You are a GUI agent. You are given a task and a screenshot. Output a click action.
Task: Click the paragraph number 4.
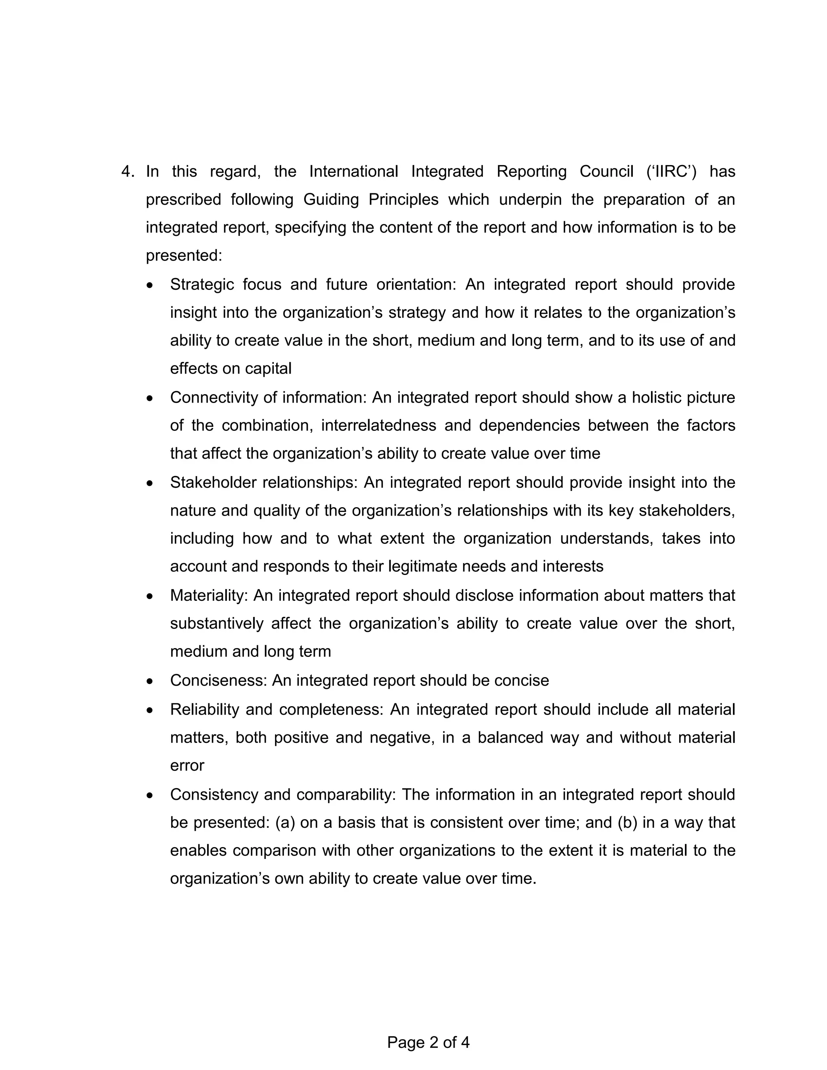(x=127, y=172)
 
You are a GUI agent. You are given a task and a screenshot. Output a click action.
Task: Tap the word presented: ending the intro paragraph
(x=184, y=255)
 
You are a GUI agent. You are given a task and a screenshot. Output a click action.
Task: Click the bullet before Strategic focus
(x=149, y=285)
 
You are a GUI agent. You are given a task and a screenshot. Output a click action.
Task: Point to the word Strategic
(x=202, y=284)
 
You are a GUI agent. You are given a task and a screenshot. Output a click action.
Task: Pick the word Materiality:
(x=209, y=595)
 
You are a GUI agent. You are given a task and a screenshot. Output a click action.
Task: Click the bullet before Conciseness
(x=149, y=682)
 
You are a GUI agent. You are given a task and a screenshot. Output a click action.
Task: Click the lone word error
(x=187, y=765)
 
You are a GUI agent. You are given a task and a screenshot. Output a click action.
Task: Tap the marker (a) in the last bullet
(x=285, y=822)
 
